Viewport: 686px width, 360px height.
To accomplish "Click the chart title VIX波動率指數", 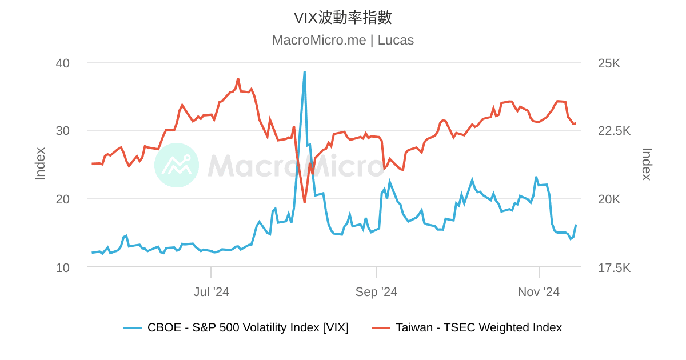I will tap(343, 18).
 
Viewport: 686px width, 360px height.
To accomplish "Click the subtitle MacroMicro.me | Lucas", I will tap(343, 41).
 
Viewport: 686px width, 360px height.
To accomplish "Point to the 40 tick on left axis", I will tap(63, 63).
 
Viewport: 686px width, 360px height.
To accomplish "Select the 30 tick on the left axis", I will tap(63, 131).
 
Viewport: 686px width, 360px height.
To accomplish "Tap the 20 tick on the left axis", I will tap(63, 199).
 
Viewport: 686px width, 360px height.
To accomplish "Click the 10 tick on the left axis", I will tap(63, 267).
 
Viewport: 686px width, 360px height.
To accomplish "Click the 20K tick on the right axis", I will tap(609, 199).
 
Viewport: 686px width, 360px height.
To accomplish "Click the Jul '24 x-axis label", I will tap(211, 292).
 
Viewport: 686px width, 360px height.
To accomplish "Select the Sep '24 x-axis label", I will tap(376, 292).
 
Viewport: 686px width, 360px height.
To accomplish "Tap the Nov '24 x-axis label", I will tap(539, 292).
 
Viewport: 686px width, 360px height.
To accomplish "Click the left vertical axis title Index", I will tap(40, 164).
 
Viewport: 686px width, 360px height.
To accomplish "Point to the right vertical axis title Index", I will tap(647, 164).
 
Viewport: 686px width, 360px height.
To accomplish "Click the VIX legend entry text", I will tap(248, 327).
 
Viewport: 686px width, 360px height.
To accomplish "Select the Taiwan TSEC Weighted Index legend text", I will tap(478, 327).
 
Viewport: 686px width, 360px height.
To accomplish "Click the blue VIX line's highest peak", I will tap(304, 73).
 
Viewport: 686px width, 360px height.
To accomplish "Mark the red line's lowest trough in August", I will tap(304, 202).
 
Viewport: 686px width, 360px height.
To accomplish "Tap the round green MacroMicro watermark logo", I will tap(177, 165).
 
